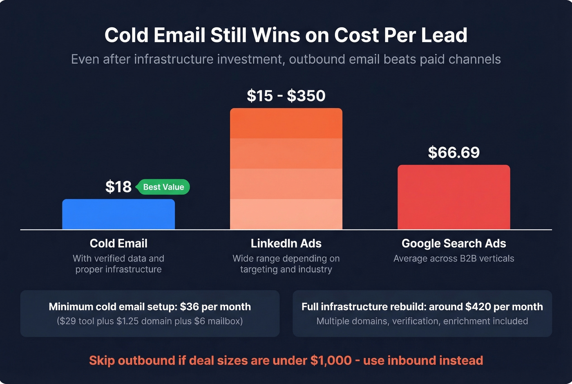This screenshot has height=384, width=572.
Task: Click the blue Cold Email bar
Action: tap(118, 214)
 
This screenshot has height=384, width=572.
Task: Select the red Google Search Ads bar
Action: tap(454, 197)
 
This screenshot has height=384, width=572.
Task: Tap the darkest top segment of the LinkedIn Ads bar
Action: tap(286, 124)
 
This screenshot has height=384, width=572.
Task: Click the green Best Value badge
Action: tap(163, 187)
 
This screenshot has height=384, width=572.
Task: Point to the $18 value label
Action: tap(118, 187)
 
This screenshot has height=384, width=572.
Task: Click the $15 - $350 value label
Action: tap(286, 96)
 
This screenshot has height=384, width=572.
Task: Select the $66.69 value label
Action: tap(454, 153)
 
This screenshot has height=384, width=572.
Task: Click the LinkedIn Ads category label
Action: tap(286, 243)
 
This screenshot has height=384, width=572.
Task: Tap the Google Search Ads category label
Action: tap(454, 243)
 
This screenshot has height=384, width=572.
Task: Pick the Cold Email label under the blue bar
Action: tap(118, 243)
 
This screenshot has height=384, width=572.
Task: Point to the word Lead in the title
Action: tap(444, 35)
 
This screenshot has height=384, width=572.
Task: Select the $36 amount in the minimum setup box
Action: tap(189, 307)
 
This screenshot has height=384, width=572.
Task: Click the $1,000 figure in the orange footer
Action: tap(331, 360)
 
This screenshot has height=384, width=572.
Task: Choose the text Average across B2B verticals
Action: tap(454, 258)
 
